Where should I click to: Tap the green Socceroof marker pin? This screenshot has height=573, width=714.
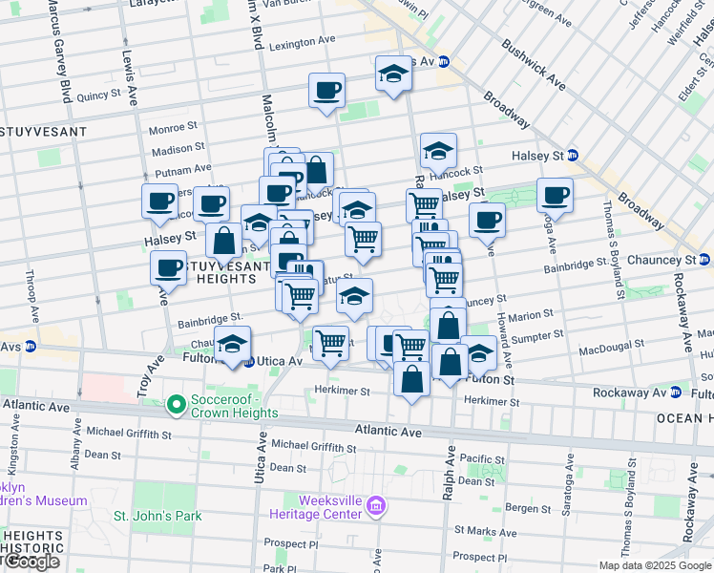176,406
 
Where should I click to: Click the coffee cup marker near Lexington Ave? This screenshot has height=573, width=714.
326,92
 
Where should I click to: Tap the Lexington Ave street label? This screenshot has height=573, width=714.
303,44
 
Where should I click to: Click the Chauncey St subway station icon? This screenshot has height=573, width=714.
704,260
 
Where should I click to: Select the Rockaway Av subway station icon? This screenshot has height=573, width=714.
676,393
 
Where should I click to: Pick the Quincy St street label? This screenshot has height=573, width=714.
97,95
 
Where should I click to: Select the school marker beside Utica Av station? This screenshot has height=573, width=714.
231,345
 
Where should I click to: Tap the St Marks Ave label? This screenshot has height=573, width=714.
486,530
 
